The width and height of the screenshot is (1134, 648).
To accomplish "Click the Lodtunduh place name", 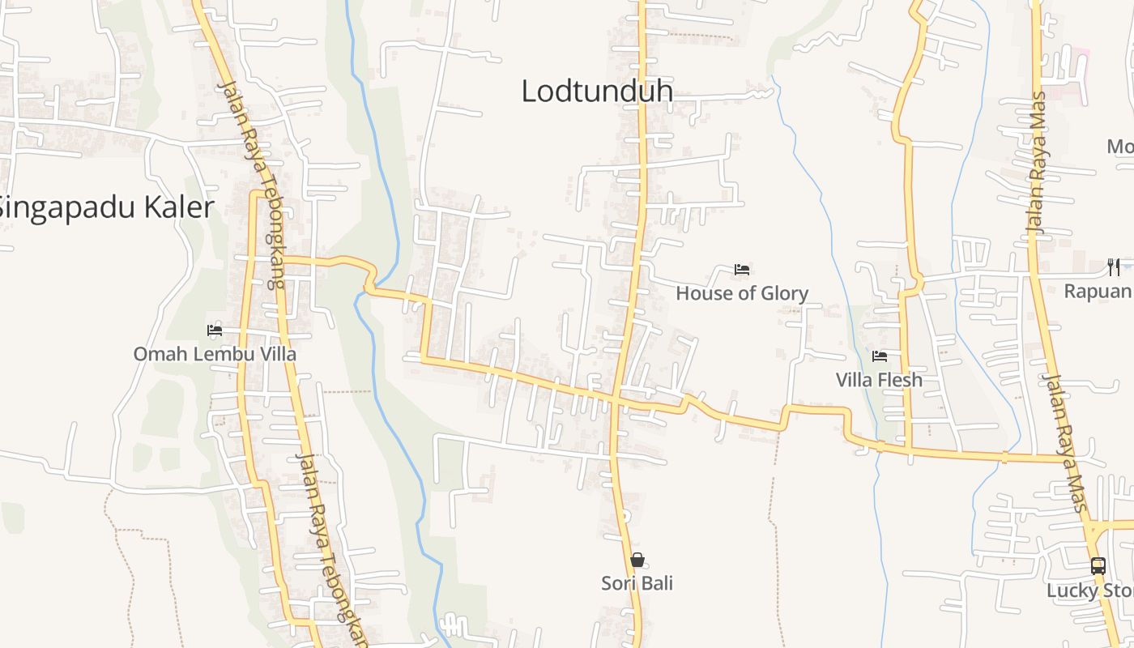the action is tap(597, 91).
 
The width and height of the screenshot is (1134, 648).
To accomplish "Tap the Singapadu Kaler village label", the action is tap(106, 207).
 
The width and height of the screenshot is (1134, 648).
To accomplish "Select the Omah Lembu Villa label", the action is tap(215, 354).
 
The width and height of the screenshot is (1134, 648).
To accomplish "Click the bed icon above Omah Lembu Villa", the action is tap(215, 330).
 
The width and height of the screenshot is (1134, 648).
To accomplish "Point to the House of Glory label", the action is tap(742, 293).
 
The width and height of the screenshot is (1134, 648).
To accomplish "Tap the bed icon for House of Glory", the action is tap(742, 269).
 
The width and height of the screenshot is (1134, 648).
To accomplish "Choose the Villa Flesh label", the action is tap(879, 379).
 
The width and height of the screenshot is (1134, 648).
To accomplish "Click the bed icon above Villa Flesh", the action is tap(880, 356).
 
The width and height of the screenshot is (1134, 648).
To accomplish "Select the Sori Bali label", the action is tap(637, 583).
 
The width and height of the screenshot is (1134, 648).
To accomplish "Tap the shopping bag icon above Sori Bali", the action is tap(637, 560).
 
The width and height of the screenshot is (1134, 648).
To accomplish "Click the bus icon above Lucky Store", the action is tap(1098, 566).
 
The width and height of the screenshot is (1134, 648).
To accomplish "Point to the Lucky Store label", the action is tap(1089, 590).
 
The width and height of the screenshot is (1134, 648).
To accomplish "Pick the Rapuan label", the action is tap(1098, 291).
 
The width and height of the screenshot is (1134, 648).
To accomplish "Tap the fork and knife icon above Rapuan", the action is tap(1114, 266).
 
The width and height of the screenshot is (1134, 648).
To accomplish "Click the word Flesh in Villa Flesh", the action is tap(901, 379).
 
